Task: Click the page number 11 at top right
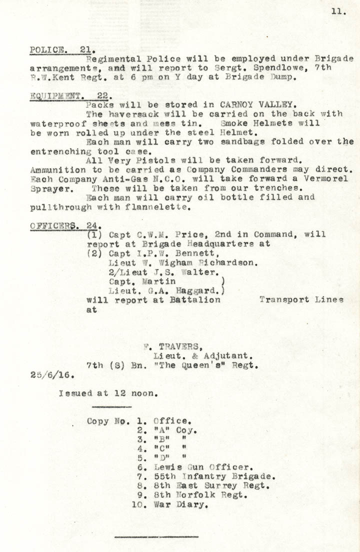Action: click(x=338, y=12)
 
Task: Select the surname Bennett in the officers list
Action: click(x=189, y=253)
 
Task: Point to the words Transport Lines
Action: click(x=301, y=300)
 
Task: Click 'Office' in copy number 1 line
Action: click(x=171, y=421)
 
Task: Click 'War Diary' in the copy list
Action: click(x=180, y=504)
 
